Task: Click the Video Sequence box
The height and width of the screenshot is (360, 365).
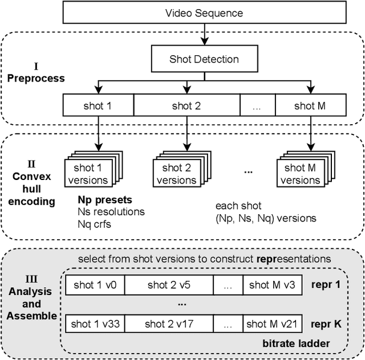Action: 204,13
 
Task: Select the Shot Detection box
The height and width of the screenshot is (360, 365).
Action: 204,59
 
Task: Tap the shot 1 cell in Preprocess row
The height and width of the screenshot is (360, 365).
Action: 98,105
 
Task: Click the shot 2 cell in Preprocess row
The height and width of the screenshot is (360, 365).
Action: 186,105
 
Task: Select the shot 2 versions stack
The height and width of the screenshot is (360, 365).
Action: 179,173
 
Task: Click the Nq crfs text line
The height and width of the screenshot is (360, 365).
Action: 95,223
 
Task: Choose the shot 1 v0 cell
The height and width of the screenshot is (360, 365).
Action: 95,285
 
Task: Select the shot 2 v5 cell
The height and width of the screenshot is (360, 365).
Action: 169,285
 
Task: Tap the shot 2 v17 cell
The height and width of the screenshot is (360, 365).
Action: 169,324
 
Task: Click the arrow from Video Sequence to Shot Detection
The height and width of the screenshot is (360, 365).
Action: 204,34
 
